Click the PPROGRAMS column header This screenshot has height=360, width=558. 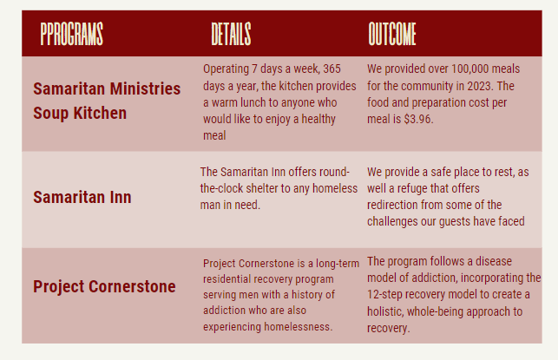pyautogui.click(x=71, y=34)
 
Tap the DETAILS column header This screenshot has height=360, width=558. pyautogui.click(x=231, y=34)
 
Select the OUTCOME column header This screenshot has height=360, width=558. pyautogui.click(x=392, y=34)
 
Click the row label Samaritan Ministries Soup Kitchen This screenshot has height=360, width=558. pyautogui.click(x=107, y=101)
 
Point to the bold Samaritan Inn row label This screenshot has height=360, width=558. pyautogui.click(x=82, y=197)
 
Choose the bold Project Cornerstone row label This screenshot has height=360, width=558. pyautogui.click(x=104, y=287)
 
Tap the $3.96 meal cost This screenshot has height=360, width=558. pyautogui.click(x=418, y=119)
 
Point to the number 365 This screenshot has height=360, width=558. pyautogui.click(x=332, y=69)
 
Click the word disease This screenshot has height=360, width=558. pyautogui.click(x=494, y=261)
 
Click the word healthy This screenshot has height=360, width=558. pyautogui.click(x=318, y=119)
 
